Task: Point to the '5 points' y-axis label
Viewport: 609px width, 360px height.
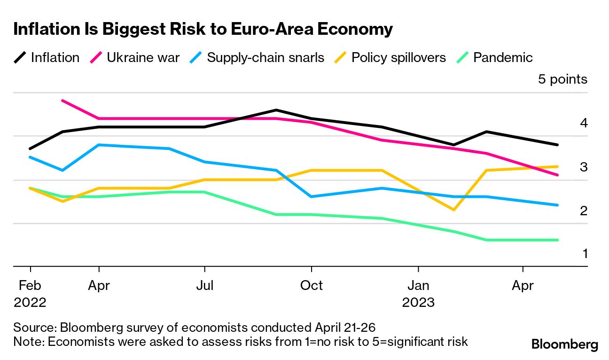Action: click(x=562, y=79)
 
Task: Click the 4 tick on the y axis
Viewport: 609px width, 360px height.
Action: click(x=584, y=123)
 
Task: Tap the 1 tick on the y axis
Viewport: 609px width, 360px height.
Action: click(x=585, y=254)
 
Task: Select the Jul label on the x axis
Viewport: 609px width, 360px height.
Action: click(x=205, y=285)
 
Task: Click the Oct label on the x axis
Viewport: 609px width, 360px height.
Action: click(x=311, y=285)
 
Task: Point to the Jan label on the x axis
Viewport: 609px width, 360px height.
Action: click(x=418, y=285)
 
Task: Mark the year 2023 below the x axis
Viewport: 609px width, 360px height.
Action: click(x=418, y=302)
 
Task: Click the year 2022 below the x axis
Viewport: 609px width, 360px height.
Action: click(x=30, y=302)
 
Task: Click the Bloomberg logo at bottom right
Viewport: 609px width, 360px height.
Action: click(x=564, y=344)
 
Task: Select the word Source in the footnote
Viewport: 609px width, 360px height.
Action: click(x=34, y=327)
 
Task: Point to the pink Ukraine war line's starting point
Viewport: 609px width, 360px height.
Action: click(x=62, y=101)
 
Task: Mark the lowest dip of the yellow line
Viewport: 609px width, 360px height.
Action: click(x=453, y=210)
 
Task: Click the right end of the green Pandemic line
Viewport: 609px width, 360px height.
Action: click(x=557, y=240)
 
